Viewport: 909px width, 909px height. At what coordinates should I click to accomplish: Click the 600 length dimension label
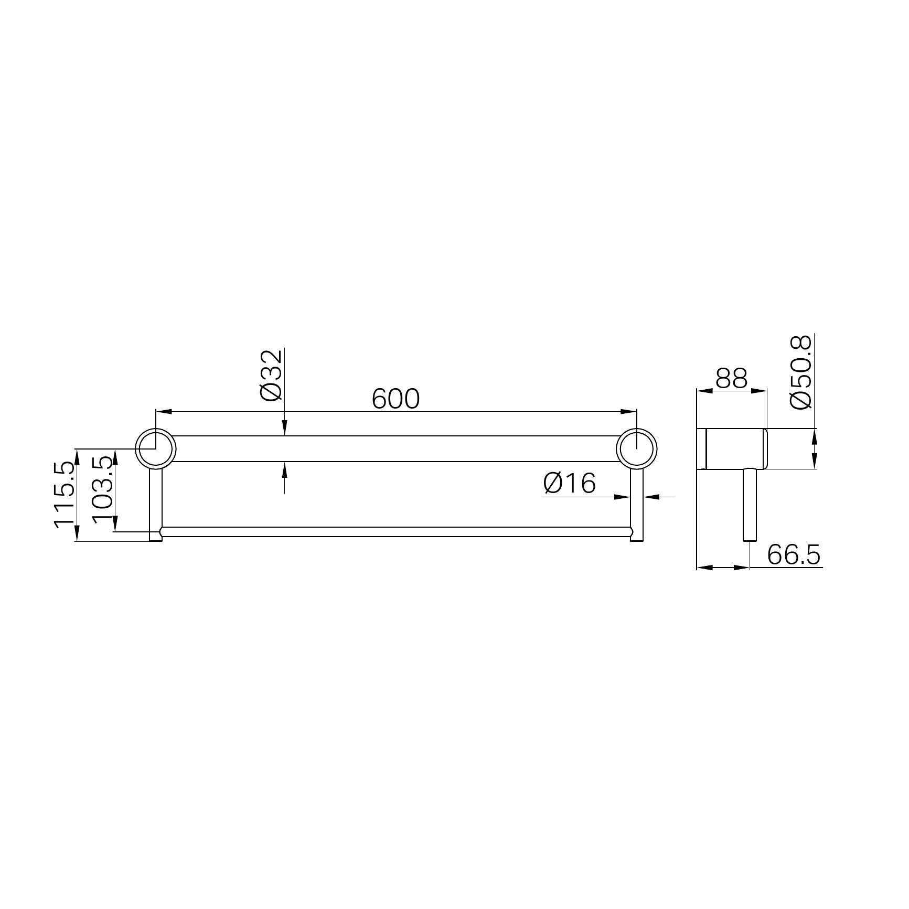click(x=395, y=399)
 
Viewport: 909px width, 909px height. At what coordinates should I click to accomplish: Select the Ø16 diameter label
click(x=570, y=483)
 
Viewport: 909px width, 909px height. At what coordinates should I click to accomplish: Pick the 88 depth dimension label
click(x=731, y=378)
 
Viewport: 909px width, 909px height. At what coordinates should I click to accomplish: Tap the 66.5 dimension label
click(x=794, y=555)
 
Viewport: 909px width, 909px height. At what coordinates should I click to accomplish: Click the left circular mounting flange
click(x=156, y=448)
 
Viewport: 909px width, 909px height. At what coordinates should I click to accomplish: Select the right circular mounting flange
click(x=637, y=448)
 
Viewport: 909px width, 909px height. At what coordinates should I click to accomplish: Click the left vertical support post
click(x=156, y=498)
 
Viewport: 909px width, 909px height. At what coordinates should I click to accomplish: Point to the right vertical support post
click(x=637, y=498)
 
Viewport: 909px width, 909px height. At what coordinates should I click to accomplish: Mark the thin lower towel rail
click(x=395, y=531)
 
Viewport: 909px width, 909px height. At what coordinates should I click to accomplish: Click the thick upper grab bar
click(x=395, y=448)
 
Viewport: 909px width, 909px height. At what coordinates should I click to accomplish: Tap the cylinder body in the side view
click(x=734, y=448)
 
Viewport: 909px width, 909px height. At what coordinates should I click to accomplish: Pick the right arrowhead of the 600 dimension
click(x=629, y=412)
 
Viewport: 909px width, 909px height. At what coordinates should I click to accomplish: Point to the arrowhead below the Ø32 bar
click(x=284, y=469)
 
